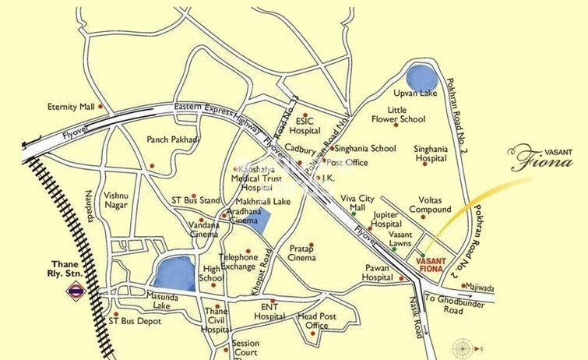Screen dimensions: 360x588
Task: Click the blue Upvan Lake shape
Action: [x=421, y=78]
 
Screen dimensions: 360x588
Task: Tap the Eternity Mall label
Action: [x=71, y=107]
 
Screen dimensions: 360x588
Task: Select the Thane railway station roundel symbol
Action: [x=76, y=293]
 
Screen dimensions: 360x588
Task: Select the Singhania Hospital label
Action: [x=435, y=153]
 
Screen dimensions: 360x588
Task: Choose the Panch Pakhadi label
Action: [x=173, y=140]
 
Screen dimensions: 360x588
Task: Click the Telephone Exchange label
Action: [x=238, y=262]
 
